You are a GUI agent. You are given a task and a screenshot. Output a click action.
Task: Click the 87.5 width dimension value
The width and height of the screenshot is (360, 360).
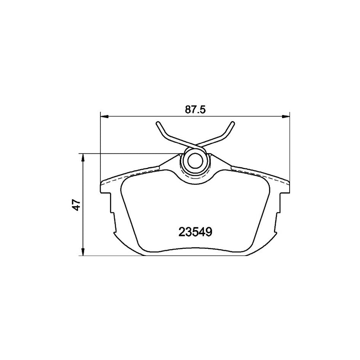[195, 110]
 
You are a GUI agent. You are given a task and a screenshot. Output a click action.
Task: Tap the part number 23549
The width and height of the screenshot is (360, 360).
[195, 232]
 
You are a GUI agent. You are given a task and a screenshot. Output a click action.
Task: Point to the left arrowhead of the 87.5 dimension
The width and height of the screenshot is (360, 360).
[104, 117]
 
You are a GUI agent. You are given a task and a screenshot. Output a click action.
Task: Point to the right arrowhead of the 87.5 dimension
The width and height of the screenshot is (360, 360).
[286, 117]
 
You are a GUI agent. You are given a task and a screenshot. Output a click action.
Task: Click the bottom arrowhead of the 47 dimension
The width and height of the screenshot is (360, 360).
[83, 252]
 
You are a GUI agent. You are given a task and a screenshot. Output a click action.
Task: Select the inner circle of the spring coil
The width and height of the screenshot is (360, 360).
[195, 161]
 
